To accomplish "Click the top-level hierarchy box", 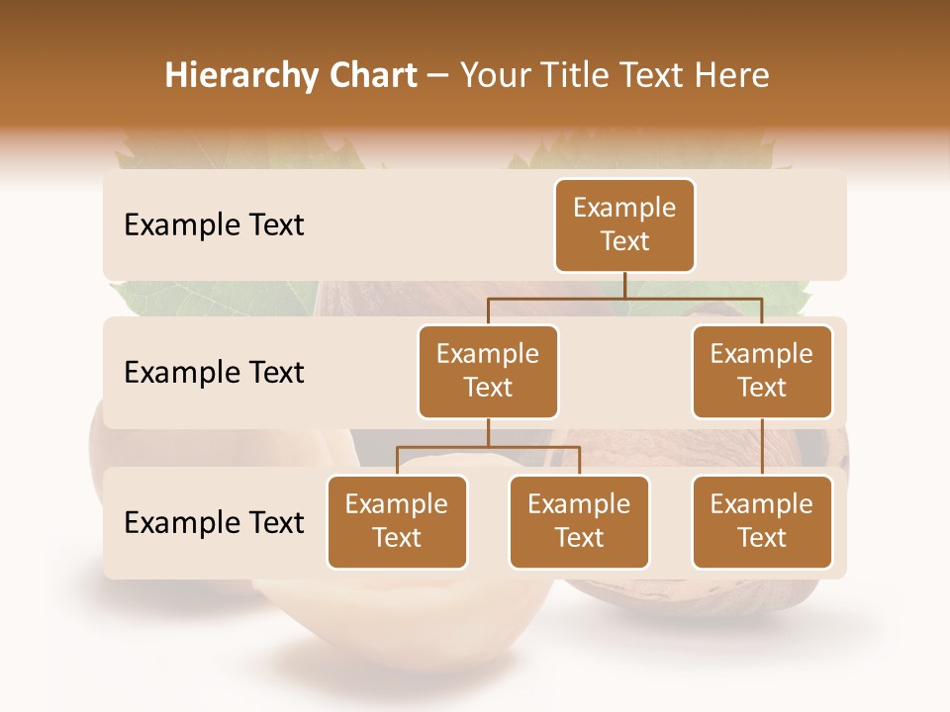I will coord(624,225).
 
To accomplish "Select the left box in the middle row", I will coord(488,372).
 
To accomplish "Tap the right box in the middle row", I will coord(762,372).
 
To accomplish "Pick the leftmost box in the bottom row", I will coord(397,522).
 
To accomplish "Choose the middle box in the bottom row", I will coord(579,522).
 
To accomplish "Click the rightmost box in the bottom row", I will coord(762,522).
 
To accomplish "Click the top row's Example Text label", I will coord(214,225).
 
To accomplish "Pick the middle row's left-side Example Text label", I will coord(214,373).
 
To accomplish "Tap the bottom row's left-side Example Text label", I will coord(214,523).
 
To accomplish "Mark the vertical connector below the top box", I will coord(624,285).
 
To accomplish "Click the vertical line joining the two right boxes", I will coord(762,447).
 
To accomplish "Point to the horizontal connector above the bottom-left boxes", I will coord(488,447).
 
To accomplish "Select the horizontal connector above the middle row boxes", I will coord(624,297).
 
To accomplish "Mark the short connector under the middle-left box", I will coord(488,433).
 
